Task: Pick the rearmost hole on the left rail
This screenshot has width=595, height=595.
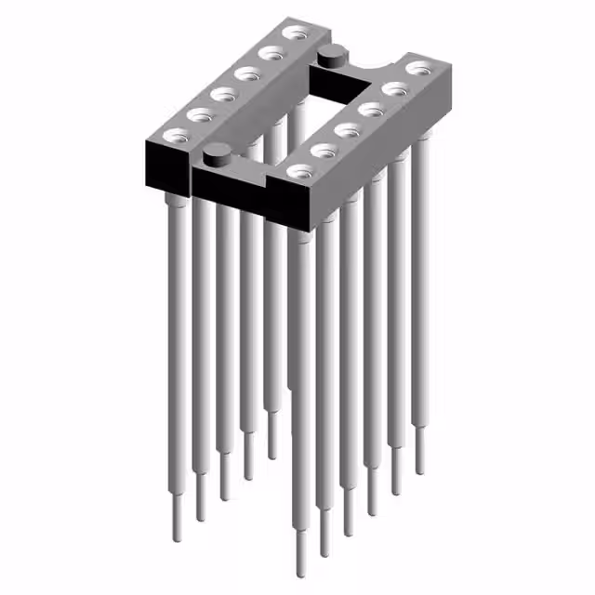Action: [297, 34]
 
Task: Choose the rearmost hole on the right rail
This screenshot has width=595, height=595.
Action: [419, 68]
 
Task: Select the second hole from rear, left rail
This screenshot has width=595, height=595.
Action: [272, 54]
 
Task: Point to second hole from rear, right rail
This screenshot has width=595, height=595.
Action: [395, 89]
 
